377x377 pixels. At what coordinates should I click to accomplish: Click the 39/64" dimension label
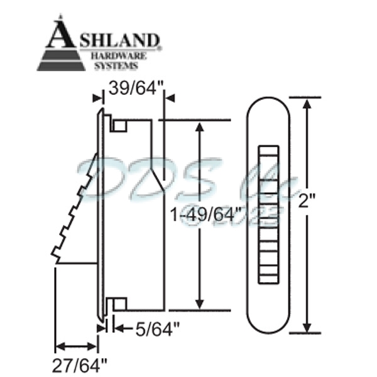pyautogui.click(x=133, y=88)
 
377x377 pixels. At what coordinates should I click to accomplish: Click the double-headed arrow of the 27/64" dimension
pyautogui.click(x=76, y=346)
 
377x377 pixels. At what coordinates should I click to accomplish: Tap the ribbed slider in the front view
pyautogui.click(x=268, y=213)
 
